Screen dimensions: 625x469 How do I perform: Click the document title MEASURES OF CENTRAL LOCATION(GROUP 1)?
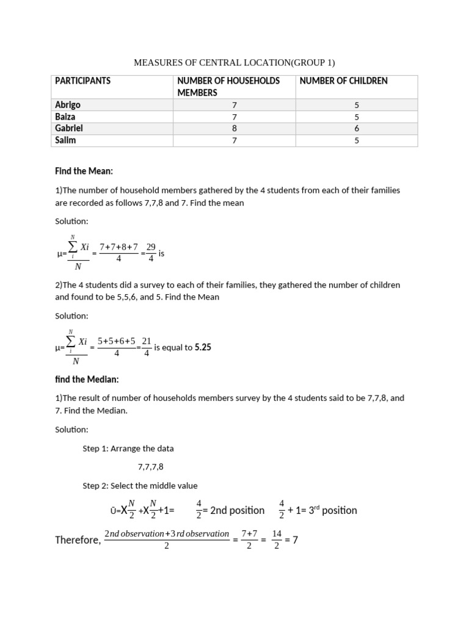(x=234, y=63)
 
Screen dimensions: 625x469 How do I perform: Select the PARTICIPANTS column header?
(x=82, y=81)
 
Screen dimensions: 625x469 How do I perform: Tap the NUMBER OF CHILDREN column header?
(x=343, y=81)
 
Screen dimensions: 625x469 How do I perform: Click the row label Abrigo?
(x=68, y=105)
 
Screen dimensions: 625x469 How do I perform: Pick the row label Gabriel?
(x=69, y=128)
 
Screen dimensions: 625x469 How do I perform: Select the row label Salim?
(x=66, y=140)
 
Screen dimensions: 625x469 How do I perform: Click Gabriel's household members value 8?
(x=234, y=129)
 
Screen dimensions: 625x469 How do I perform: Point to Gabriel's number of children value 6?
(x=357, y=129)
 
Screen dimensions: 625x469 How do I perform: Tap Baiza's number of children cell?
(x=357, y=117)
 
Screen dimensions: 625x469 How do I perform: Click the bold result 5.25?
(x=203, y=347)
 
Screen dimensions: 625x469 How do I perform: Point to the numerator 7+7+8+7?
(x=119, y=246)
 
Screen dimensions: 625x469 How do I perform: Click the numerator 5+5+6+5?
(x=117, y=341)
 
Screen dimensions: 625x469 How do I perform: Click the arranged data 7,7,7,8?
(x=150, y=467)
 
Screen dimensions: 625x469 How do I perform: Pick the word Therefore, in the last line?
(x=78, y=540)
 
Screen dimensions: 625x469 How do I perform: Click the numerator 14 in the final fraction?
(x=277, y=533)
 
